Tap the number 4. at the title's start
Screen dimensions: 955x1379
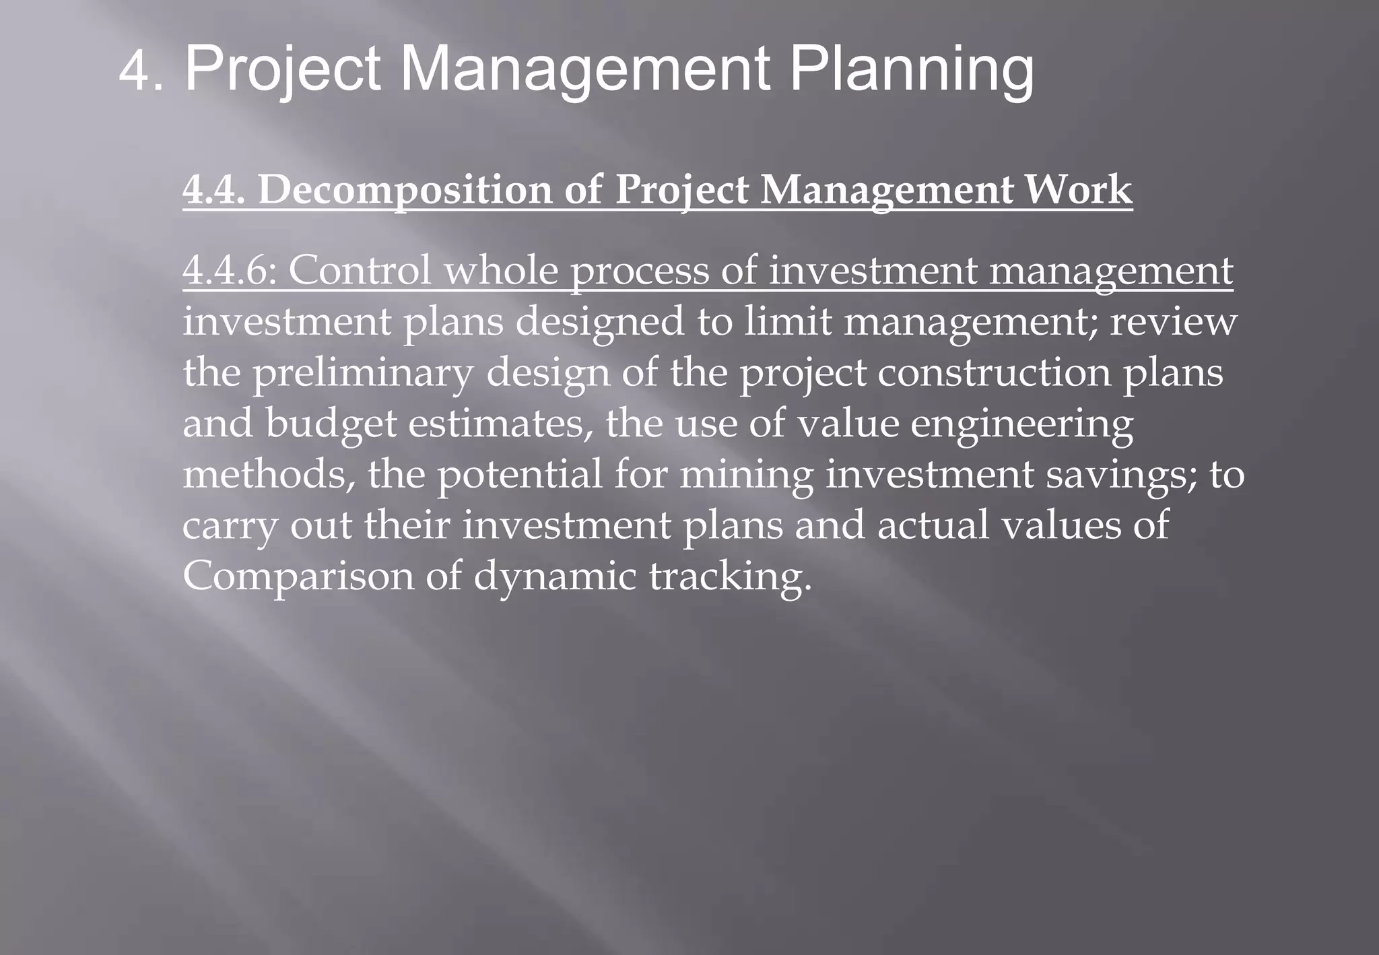tap(141, 71)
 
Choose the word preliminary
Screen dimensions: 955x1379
tap(362, 373)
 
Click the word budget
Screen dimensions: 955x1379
tap(331, 424)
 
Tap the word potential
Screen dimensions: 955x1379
tap(519, 475)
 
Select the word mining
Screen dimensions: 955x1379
tap(746, 475)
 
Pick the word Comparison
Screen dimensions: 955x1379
tap(298, 577)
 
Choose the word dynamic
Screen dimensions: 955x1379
tap(555, 577)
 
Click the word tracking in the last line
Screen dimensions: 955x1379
tap(730, 577)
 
